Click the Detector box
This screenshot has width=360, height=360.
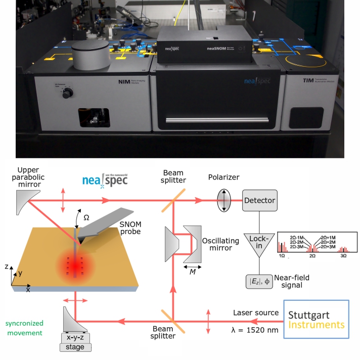(259, 200)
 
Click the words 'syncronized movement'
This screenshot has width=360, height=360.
(24, 328)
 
